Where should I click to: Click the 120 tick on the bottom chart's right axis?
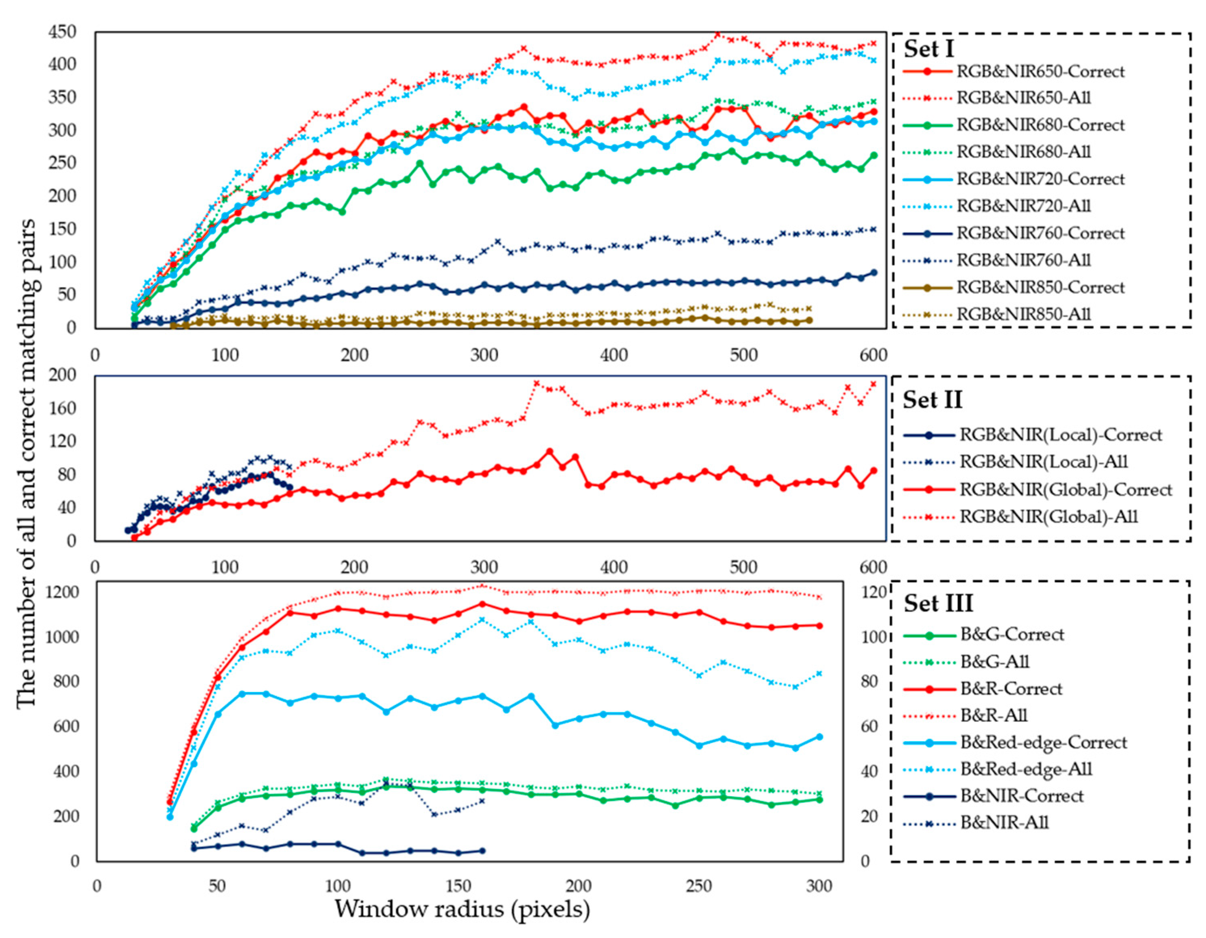[873, 592]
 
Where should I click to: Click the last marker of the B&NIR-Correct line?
[482, 851]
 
